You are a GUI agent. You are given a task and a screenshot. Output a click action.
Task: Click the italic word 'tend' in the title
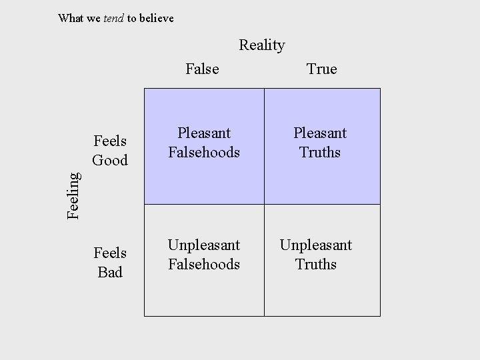[114, 19]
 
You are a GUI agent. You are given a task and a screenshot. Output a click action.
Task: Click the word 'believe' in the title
[156, 19]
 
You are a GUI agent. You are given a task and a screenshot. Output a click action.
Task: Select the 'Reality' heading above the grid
[262, 45]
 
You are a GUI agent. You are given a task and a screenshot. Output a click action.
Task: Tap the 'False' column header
[202, 69]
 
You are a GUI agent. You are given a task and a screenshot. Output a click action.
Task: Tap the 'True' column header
[321, 69]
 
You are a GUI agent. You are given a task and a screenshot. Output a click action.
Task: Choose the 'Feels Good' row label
[110, 151]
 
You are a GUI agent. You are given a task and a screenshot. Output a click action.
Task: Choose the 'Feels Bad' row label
[110, 263]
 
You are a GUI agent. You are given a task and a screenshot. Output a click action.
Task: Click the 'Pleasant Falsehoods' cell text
[204, 143]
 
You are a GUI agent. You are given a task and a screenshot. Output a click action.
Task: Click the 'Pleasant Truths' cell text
[320, 143]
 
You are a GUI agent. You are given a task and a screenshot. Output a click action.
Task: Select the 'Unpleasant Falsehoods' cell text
[204, 255]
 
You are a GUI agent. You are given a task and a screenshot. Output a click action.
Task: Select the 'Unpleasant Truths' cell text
[316, 255]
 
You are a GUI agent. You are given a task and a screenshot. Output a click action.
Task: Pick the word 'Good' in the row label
[110, 160]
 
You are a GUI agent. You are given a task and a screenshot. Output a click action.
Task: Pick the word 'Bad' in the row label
[110, 272]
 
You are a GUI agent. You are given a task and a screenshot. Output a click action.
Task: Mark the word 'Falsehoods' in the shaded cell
[204, 152]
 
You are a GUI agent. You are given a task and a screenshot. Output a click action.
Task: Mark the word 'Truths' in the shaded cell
[320, 152]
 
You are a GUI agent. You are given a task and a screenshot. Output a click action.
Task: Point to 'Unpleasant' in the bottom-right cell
[316, 245]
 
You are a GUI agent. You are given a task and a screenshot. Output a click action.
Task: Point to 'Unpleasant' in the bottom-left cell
[204, 245]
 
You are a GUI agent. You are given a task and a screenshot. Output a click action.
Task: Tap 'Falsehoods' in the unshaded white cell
[204, 264]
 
